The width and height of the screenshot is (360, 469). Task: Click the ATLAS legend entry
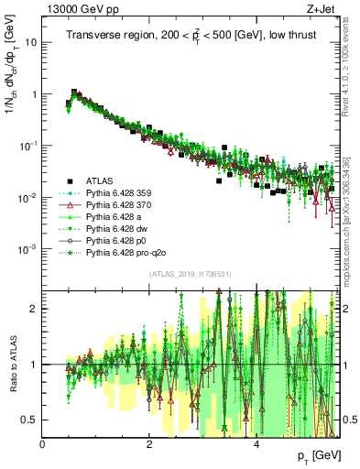coord(102,181)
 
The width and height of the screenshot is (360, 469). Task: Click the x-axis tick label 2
coord(149,444)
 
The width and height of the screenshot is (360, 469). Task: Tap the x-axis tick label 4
coord(256,444)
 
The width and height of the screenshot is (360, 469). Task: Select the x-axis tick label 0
coord(43,444)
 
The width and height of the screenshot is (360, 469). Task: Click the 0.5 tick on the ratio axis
coord(31,420)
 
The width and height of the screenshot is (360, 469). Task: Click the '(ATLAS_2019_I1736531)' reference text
coord(190,274)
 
